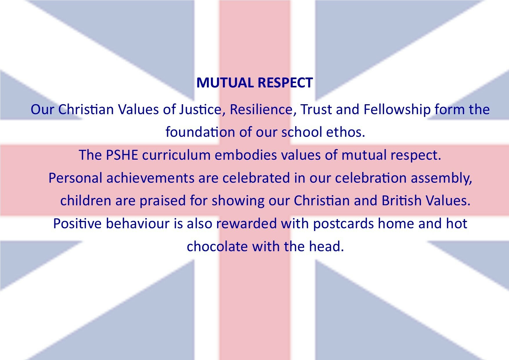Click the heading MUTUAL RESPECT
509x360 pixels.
click(255, 83)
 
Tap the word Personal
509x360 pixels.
click(75, 178)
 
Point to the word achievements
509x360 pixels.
click(150, 178)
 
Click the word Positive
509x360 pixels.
click(77, 224)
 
